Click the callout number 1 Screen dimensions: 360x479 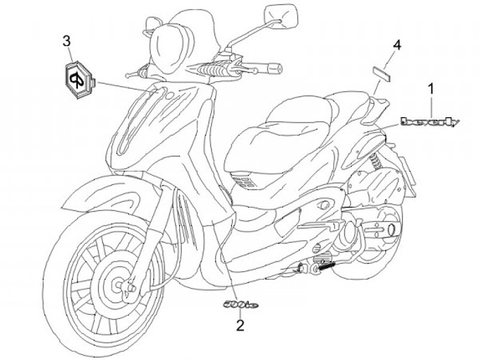430,88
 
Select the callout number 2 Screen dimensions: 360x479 239,325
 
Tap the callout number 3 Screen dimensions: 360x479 67,41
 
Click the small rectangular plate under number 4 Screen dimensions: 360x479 383,71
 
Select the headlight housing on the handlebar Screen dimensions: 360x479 170,43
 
